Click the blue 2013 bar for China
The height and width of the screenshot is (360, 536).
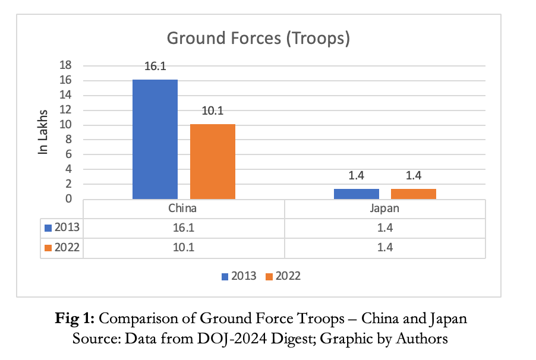155,139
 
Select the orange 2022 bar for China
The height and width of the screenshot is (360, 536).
212,161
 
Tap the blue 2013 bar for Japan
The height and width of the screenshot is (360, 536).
356,194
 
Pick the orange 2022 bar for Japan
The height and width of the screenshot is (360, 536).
413,194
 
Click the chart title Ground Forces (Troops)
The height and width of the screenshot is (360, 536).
258,39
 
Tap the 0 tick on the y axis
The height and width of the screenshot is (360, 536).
69,198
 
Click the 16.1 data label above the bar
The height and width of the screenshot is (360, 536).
155,67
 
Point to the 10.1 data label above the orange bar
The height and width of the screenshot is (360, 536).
212,111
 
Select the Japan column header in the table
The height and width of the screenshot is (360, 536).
384,209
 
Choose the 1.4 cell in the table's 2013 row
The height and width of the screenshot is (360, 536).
384,228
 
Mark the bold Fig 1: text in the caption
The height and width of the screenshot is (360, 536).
75,318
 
